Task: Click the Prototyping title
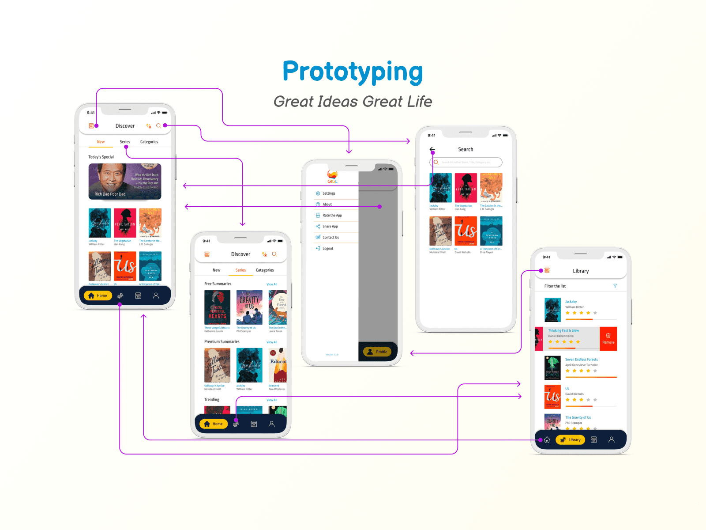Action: (x=353, y=72)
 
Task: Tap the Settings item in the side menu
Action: (x=329, y=193)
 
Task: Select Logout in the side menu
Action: (x=327, y=249)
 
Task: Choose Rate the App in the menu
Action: (x=332, y=216)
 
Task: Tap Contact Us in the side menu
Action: (x=330, y=238)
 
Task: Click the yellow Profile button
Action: (x=377, y=352)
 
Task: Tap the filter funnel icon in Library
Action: (x=615, y=286)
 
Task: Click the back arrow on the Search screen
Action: (x=432, y=149)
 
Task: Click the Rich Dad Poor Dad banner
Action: (x=125, y=182)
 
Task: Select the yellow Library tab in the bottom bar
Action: (x=570, y=440)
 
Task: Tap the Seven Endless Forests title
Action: (x=581, y=360)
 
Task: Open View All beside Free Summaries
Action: (x=272, y=284)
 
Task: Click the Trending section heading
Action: (x=212, y=400)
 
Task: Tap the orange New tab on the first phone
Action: (x=101, y=142)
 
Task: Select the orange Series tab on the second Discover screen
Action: (x=240, y=270)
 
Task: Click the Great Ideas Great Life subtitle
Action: (x=353, y=102)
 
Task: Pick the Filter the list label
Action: (x=555, y=286)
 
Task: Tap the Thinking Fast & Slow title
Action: (x=563, y=330)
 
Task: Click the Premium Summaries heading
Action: (x=222, y=342)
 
